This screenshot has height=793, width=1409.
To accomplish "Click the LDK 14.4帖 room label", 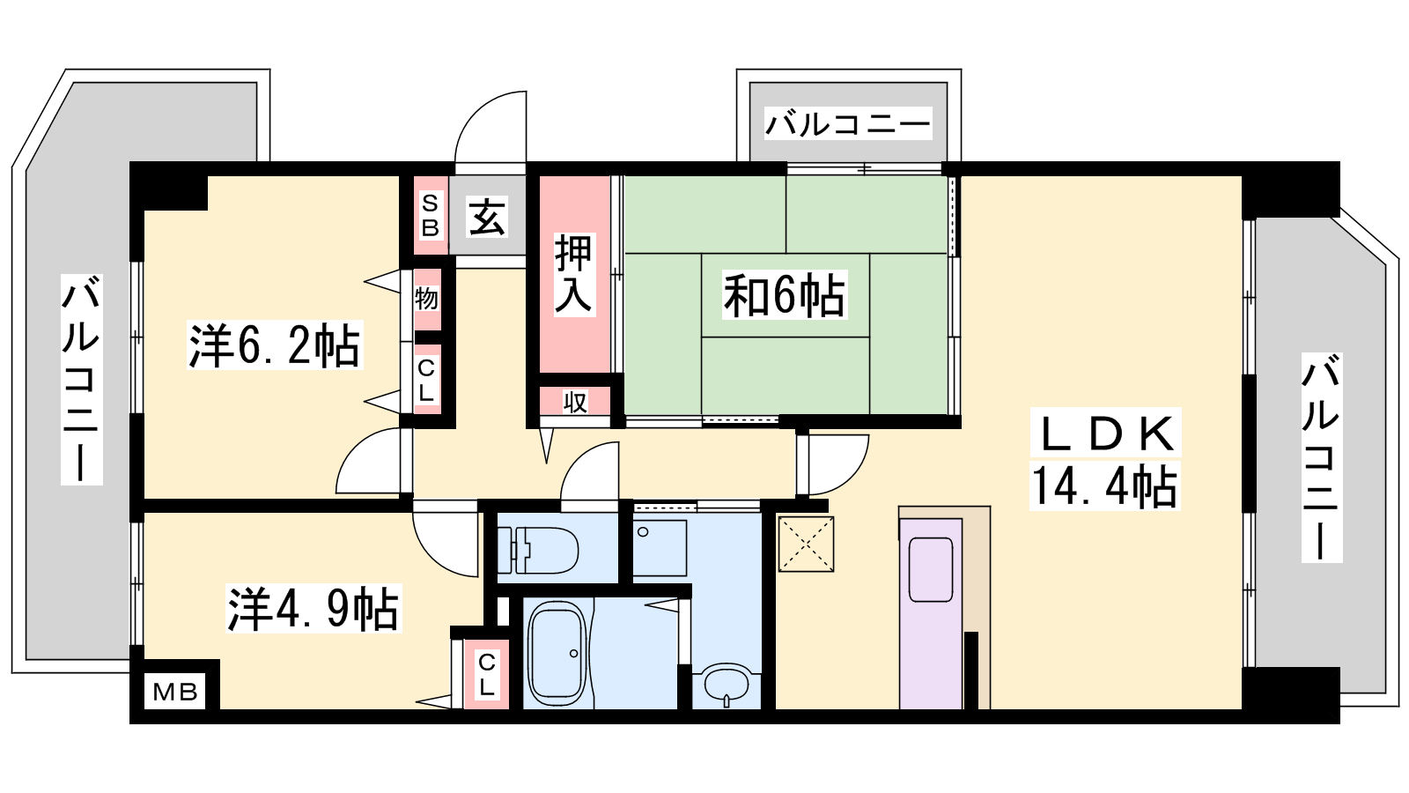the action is [x=1105, y=459].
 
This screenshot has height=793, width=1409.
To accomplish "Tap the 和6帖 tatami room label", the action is [x=784, y=295].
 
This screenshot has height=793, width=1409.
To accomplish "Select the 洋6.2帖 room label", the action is [x=275, y=345].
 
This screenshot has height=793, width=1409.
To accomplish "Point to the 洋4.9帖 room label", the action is [x=314, y=609].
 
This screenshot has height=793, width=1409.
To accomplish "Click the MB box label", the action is [x=175, y=693].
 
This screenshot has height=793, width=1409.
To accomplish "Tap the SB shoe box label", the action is [x=431, y=215].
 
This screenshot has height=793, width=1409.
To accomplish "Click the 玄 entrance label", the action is [x=487, y=217].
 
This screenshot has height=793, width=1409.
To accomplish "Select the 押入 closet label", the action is [x=573, y=274].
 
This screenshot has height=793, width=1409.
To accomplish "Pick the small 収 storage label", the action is [x=575, y=402].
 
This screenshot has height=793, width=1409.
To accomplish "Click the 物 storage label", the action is [x=426, y=299].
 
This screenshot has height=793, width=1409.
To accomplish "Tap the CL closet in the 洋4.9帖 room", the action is [x=485, y=675].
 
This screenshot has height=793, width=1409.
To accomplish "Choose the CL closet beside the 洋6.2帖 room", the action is [x=426, y=380].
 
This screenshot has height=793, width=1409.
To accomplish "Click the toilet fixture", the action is [x=538, y=550].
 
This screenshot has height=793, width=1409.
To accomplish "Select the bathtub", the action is [x=557, y=654].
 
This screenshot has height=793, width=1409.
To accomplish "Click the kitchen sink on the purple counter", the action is [x=931, y=569].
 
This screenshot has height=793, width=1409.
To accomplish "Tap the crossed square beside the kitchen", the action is [x=807, y=545].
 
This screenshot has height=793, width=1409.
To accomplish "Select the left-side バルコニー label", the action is [x=81, y=380].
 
